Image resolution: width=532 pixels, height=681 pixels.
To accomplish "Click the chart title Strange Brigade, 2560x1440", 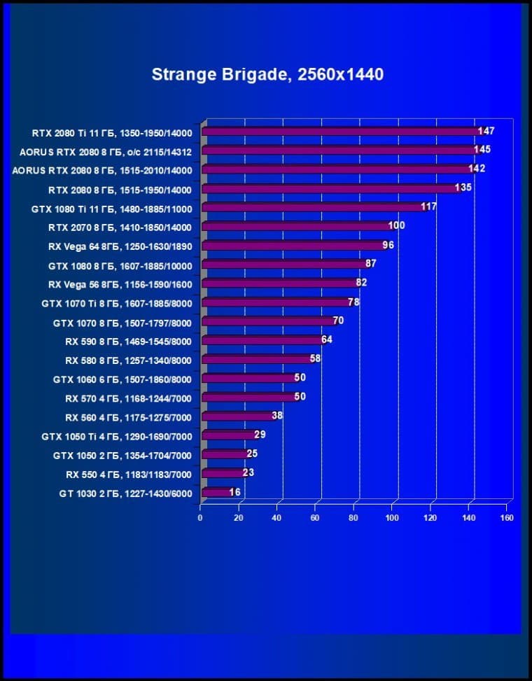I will click(267, 74).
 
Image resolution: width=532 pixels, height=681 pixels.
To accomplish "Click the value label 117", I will click(428, 206).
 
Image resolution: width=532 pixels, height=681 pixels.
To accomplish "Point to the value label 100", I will click(396, 225).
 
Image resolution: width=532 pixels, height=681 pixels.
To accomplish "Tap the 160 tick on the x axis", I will click(506, 518).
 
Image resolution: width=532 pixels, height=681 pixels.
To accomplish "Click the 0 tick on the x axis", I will click(200, 518).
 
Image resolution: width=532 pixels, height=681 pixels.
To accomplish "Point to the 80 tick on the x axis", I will click(353, 518).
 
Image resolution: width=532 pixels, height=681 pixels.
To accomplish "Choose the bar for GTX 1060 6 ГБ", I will click(248, 379).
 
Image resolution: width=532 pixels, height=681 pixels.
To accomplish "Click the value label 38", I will click(277, 415).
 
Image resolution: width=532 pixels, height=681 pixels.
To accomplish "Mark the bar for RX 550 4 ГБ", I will click(223, 473).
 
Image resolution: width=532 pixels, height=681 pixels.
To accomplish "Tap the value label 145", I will click(482, 150).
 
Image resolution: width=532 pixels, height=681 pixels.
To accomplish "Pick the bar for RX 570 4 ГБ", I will click(248, 398).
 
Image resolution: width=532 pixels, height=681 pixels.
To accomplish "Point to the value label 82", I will click(361, 282).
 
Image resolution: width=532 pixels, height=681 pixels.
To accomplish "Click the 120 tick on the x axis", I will click(430, 518).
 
